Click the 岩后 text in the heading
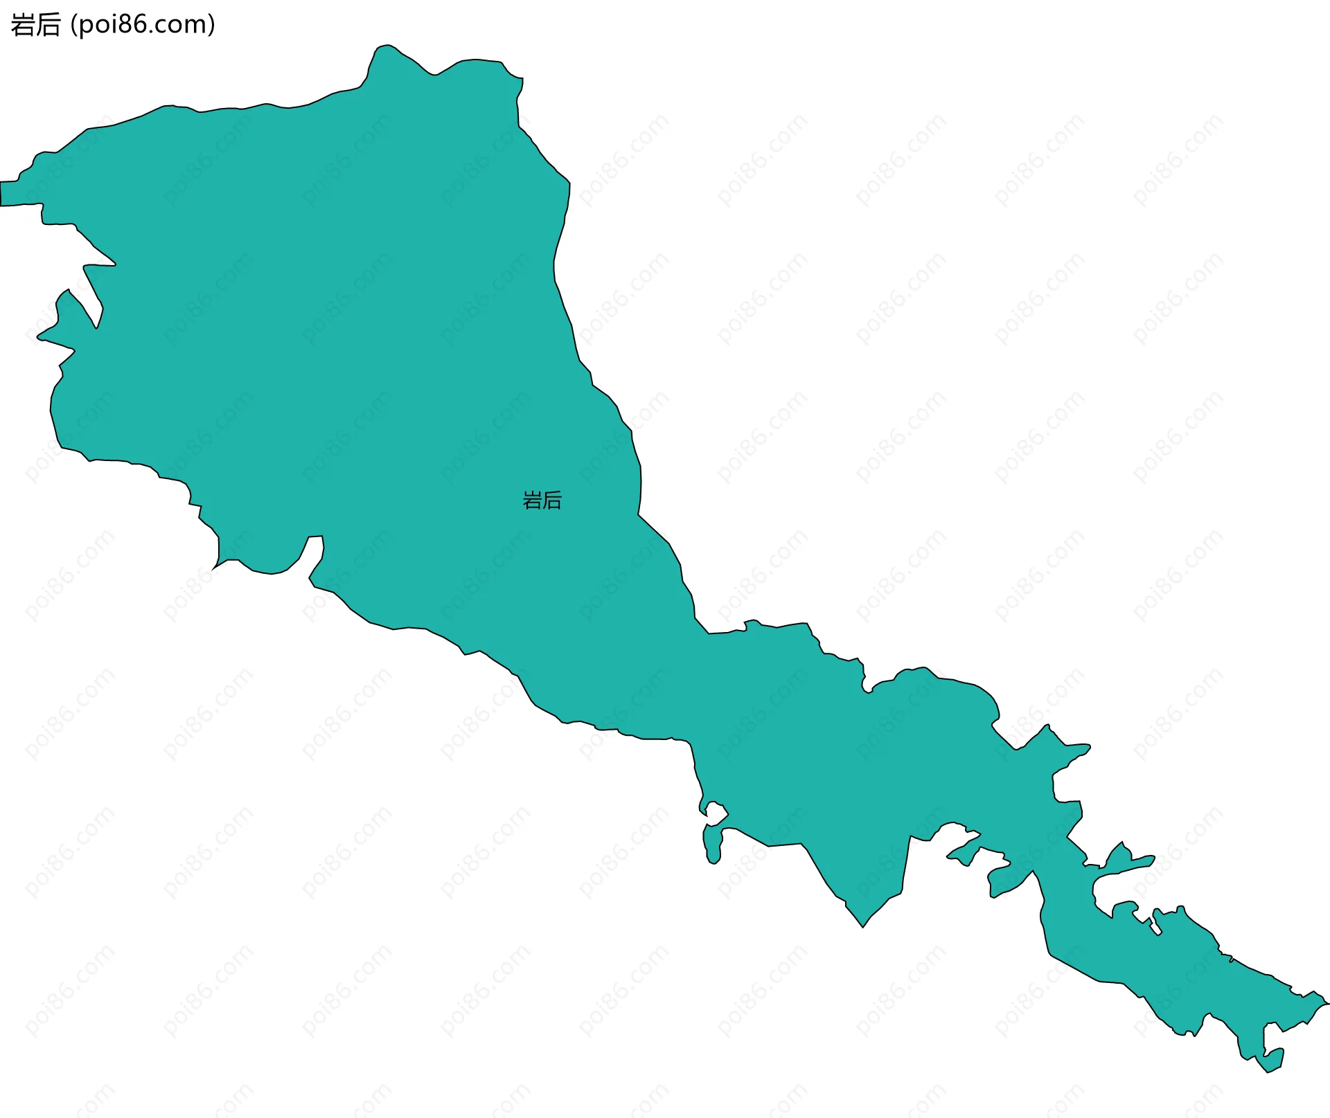tap(35, 25)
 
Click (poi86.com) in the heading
tap(143, 25)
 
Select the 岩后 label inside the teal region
tap(542, 500)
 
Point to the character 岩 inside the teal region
tap(532, 500)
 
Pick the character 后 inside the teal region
tap(552, 500)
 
